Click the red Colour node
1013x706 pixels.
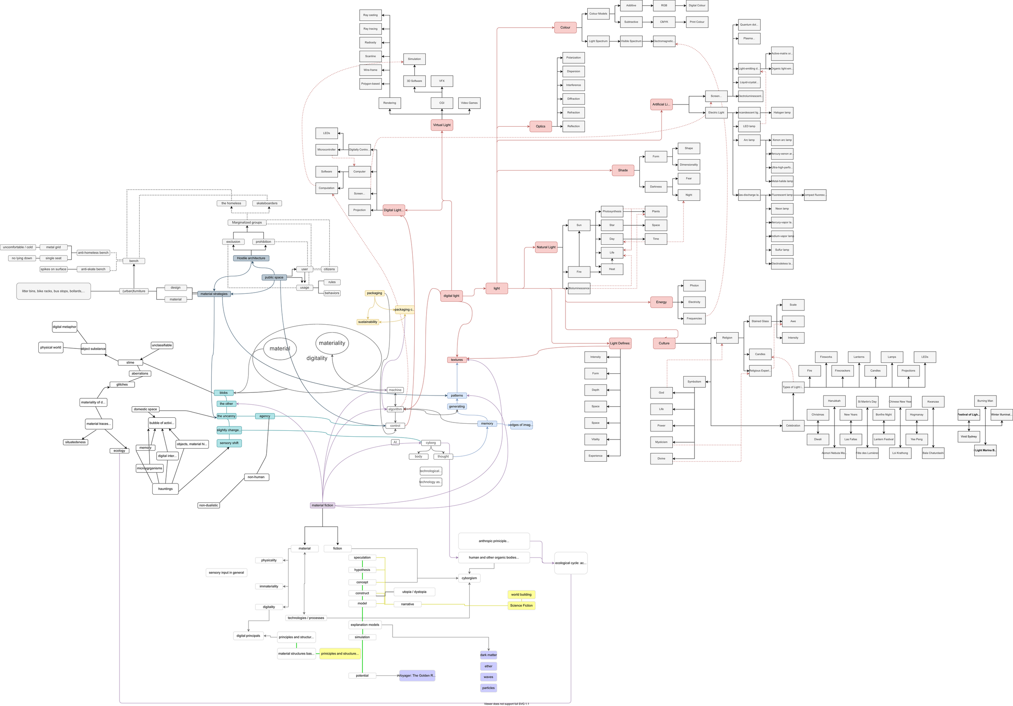tap(565, 27)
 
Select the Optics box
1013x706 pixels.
tap(541, 126)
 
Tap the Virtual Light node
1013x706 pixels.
tap(442, 125)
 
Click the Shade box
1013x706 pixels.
tap(622, 170)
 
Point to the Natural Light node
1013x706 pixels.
tap(546, 247)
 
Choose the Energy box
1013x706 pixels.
tap(661, 302)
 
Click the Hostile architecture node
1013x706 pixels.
tap(251, 258)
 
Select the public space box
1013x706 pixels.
tap(274, 278)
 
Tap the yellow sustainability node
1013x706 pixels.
tap(368, 322)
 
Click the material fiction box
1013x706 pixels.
tap(322, 505)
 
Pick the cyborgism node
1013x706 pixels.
tap(469, 578)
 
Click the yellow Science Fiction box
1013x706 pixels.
tap(521, 606)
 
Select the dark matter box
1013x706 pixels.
tap(488, 655)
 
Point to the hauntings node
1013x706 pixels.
tap(165, 489)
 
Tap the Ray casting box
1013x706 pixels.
tap(370, 15)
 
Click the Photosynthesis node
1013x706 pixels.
tap(612, 211)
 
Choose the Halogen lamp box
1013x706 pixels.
tap(782, 112)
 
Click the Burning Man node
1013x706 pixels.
tap(985, 401)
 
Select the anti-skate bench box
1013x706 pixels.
tap(93, 269)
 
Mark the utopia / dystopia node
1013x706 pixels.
tap(414, 592)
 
